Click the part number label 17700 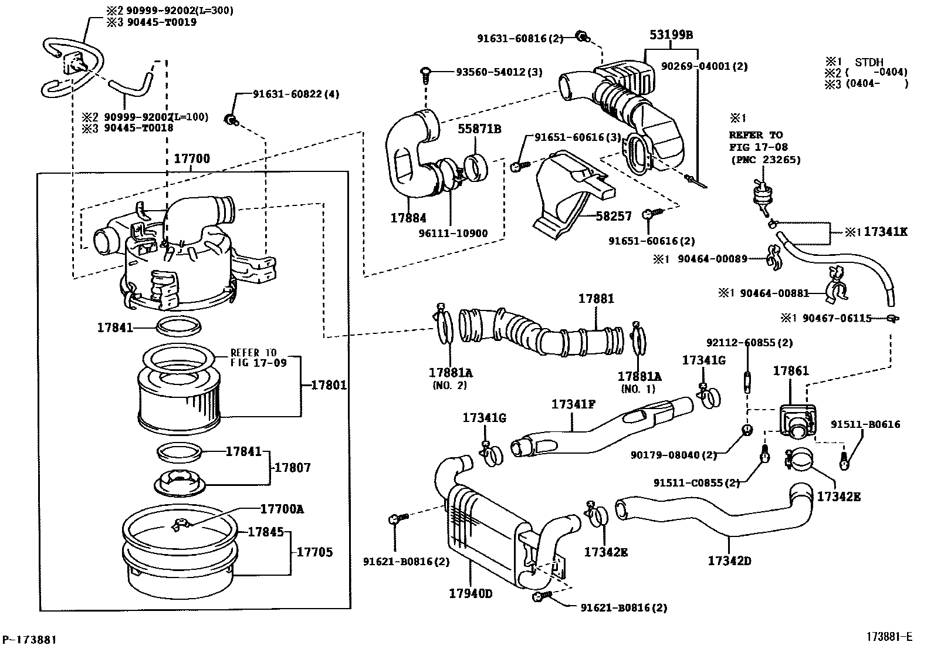[192, 159]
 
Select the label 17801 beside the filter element [329, 384]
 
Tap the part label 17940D [471, 593]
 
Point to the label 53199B [671, 35]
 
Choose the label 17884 [408, 218]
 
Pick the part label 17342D [730, 560]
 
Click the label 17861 [791, 370]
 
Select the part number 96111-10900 [454, 233]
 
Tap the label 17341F [573, 404]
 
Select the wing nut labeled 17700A [181, 525]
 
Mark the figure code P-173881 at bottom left [29, 639]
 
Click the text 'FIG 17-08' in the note [759, 147]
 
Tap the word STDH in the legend [869, 62]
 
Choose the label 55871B [479, 129]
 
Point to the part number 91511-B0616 [865, 424]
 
